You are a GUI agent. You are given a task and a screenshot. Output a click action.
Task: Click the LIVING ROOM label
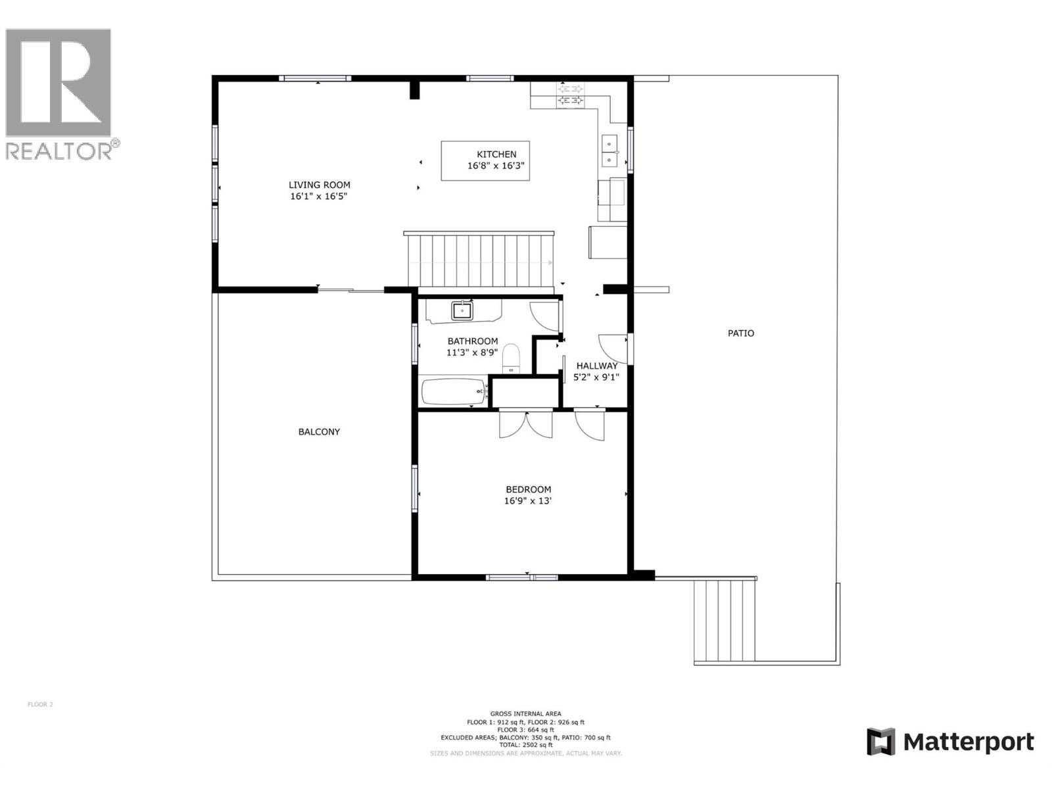(x=319, y=185)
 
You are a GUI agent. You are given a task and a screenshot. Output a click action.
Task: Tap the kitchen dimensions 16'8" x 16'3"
(x=496, y=166)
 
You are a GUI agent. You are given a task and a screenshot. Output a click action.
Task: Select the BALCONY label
(x=319, y=432)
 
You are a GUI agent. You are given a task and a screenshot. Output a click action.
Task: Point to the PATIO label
(x=740, y=333)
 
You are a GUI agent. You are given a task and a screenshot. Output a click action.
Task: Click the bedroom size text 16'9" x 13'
(x=528, y=500)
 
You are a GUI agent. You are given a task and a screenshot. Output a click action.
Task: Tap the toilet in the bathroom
(x=511, y=359)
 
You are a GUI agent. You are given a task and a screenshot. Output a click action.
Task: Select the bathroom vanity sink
(x=463, y=310)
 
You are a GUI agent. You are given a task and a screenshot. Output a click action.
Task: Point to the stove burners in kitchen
(x=570, y=94)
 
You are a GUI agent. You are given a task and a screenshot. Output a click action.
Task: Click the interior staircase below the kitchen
(x=480, y=261)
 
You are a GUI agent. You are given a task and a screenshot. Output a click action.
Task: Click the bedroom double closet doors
(x=526, y=423)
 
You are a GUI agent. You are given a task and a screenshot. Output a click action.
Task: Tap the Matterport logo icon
(x=881, y=742)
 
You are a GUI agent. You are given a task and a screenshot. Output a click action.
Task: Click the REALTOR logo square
(x=58, y=82)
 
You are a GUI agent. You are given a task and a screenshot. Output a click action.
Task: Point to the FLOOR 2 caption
(x=40, y=704)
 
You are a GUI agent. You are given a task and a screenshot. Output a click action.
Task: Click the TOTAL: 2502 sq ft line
(x=525, y=745)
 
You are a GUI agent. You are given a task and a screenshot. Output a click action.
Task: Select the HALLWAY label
(x=596, y=366)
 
